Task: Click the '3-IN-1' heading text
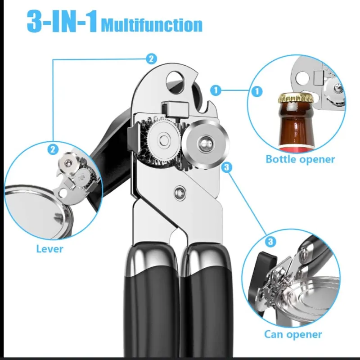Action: (62, 21)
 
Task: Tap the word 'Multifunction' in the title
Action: (152, 25)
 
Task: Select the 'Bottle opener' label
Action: (300, 159)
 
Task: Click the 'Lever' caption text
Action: (49, 249)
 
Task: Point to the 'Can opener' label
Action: (293, 334)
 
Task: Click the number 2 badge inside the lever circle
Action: (53, 149)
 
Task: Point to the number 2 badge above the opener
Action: (151, 59)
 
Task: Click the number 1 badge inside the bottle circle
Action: (256, 91)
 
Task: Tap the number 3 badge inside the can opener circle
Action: (270, 241)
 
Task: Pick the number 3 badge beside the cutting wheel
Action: (227, 167)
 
